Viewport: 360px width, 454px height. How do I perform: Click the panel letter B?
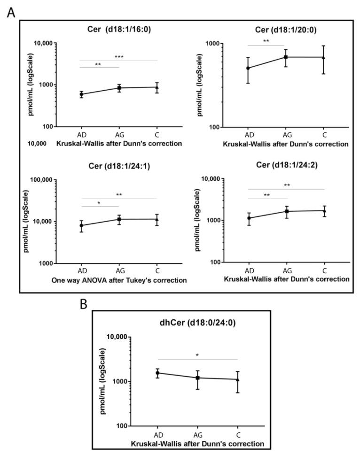pos(84,304)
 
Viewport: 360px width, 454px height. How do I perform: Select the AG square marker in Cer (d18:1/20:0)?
pos(285,57)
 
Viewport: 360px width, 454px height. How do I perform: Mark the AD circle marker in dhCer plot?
pos(157,373)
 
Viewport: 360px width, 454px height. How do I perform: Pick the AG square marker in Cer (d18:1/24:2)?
pos(286,211)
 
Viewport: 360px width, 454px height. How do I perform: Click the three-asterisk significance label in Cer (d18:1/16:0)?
pos(119,57)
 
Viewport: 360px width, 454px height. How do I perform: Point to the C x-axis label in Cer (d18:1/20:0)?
pos(324,136)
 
